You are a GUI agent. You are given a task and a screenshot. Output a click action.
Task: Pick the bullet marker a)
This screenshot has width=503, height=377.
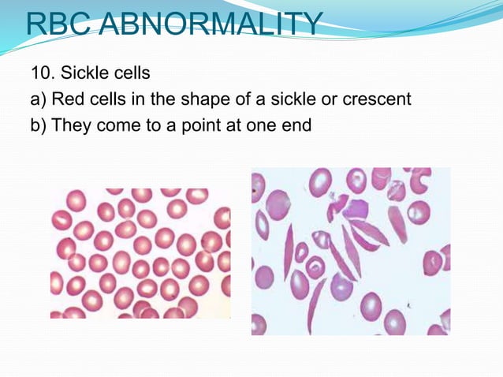tap(39, 99)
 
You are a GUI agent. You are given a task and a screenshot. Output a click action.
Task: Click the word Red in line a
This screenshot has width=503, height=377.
tap(68, 99)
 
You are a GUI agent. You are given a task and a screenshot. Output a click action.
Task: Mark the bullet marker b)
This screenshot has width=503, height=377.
tap(39, 125)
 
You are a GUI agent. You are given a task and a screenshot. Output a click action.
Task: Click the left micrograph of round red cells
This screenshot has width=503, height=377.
tap(140, 252)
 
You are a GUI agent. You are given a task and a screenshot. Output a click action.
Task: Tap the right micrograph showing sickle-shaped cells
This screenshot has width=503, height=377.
tap(350, 251)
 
